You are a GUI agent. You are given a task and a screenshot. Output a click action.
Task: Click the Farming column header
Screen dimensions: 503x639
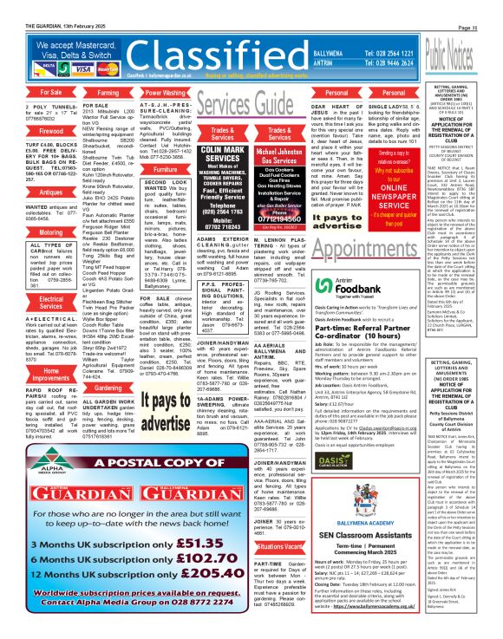(x=84, y=91)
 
